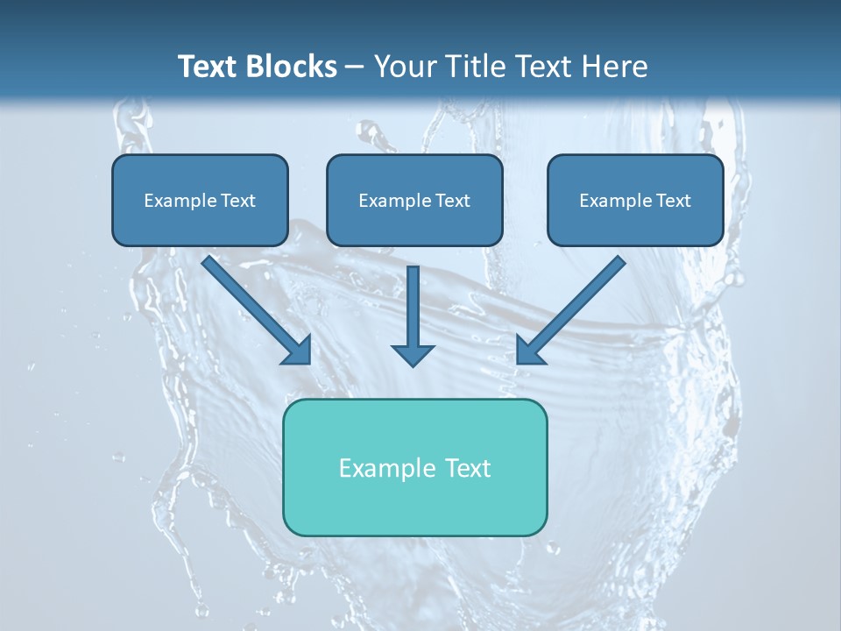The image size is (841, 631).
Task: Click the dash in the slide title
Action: tap(355, 67)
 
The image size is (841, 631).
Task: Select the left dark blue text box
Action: tap(200, 200)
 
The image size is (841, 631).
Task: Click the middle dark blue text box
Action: tap(414, 200)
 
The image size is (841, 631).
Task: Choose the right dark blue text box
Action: tap(635, 200)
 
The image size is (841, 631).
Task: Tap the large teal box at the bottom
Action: tap(414, 467)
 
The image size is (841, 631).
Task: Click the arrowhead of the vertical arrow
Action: tap(413, 355)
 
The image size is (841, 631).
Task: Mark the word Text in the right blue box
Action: tap(674, 201)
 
